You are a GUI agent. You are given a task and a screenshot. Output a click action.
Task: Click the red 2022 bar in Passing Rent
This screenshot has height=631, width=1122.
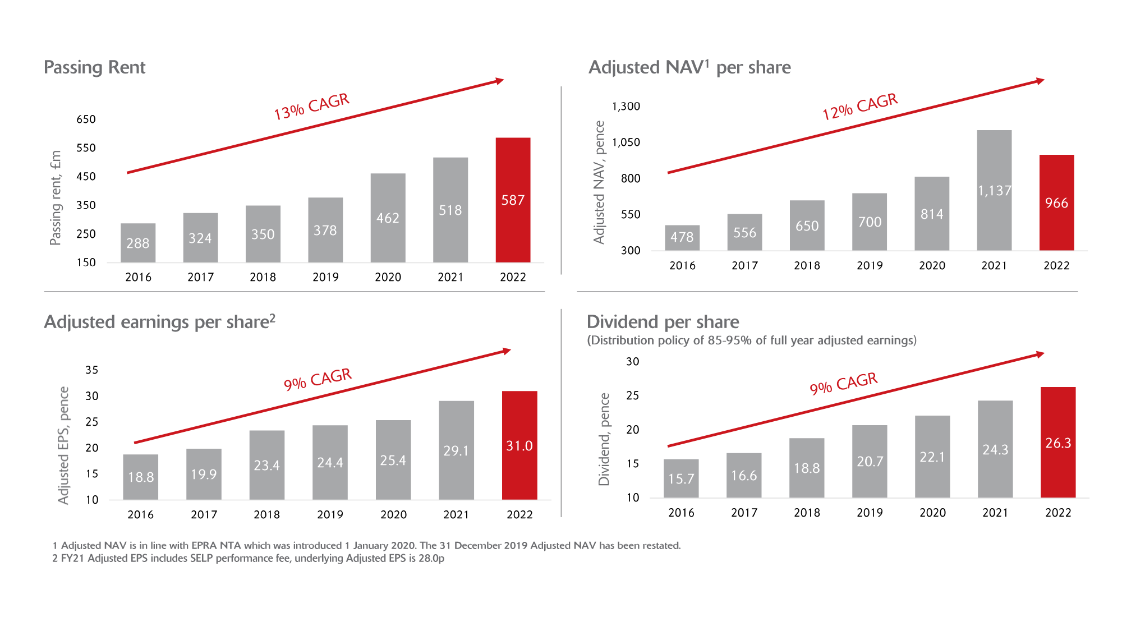(513, 200)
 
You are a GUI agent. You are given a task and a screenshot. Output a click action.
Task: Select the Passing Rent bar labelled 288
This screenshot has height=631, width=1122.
(138, 243)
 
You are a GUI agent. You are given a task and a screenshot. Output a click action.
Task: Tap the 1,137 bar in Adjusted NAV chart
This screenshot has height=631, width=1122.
(994, 190)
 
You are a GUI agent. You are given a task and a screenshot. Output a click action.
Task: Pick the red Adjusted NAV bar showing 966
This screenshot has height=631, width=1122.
(1056, 202)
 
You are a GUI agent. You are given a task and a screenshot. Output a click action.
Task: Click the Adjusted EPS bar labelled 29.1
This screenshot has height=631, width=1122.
(456, 450)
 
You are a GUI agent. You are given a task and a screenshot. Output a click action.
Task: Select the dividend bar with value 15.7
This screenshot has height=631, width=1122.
(681, 478)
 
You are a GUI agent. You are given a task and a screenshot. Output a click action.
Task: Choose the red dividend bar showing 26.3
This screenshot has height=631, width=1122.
(1058, 443)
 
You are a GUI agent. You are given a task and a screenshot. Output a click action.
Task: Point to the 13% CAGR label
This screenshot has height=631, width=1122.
(311, 107)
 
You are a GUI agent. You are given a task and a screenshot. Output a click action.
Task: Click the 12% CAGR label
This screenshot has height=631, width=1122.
(860, 107)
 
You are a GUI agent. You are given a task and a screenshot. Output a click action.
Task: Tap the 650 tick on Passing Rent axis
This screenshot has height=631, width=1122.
(86, 119)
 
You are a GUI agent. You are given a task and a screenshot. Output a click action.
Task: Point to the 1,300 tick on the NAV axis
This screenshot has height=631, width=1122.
(626, 107)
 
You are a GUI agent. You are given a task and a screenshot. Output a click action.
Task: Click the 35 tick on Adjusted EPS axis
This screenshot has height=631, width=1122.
(91, 370)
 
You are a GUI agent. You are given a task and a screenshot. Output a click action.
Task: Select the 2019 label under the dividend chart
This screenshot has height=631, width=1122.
(870, 513)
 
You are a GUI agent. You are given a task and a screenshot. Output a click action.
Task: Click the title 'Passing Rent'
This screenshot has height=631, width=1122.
(94, 67)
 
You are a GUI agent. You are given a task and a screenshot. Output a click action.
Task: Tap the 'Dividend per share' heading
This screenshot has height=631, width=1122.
(663, 322)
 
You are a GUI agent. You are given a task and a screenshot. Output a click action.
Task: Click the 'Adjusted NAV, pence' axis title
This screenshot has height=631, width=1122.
(599, 182)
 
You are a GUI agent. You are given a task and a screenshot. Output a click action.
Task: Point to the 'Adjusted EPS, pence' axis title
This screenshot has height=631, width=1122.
(63, 445)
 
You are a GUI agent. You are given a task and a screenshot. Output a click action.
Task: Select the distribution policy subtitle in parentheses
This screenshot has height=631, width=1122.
(752, 340)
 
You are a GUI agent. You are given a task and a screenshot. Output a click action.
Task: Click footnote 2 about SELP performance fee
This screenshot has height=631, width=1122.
(248, 559)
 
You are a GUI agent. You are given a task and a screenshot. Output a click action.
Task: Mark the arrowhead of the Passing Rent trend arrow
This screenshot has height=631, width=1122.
(500, 81)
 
